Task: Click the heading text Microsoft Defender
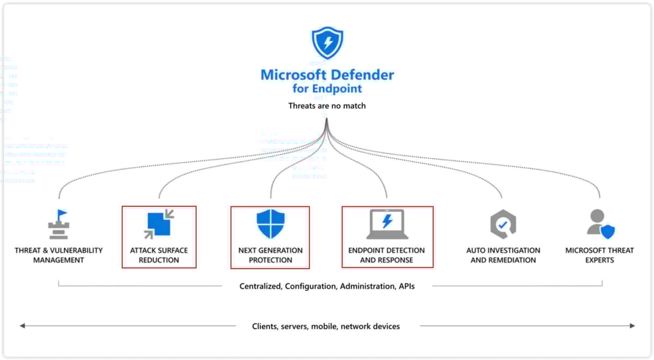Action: click(327, 75)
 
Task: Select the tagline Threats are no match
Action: click(327, 106)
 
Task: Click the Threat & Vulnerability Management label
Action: click(58, 255)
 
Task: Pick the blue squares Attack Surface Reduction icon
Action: click(159, 224)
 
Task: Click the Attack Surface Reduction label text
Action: click(159, 255)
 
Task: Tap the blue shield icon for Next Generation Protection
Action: click(270, 223)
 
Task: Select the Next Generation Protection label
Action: click(270, 255)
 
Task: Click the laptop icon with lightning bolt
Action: click(387, 224)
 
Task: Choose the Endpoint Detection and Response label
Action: click(387, 255)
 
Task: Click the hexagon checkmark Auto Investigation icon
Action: click(502, 224)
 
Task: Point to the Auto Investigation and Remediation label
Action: click(503, 255)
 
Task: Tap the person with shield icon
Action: click(601, 224)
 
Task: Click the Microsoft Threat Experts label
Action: click(599, 255)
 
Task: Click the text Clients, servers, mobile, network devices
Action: click(326, 326)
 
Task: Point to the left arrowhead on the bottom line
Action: click(22, 326)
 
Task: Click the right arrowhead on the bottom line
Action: click(632, 326)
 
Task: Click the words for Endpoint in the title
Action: click(327, 89)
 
